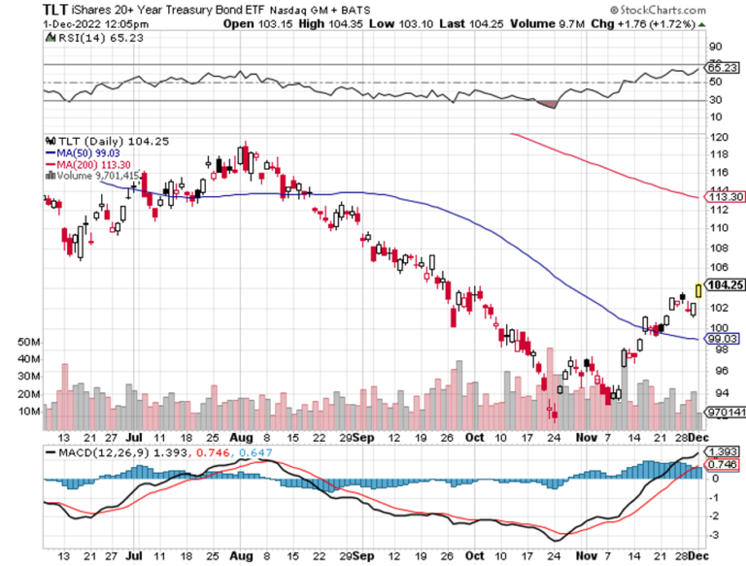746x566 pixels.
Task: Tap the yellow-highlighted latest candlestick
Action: point(698,289)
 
